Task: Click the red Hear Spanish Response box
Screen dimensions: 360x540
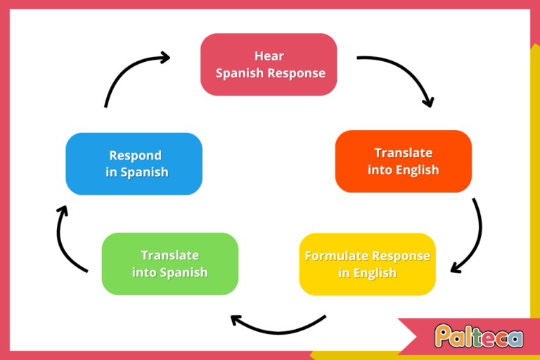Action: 269,64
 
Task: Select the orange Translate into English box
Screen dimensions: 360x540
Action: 403,161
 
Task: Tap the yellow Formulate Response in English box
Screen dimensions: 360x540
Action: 367,264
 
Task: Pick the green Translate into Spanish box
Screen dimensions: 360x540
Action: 169,264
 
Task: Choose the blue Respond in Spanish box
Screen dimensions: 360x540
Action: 134,164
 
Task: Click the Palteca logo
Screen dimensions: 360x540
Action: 478,336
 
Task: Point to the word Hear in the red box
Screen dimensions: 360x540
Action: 269,56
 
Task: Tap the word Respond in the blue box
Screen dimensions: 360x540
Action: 135,155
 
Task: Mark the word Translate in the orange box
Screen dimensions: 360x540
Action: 403,153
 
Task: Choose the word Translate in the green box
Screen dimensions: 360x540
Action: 169,256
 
